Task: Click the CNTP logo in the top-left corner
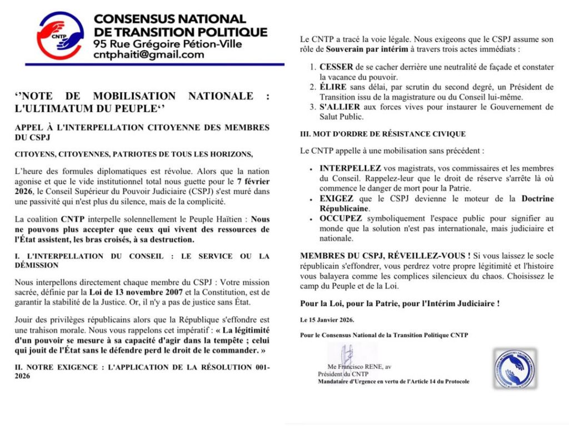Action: [x=60, y=36]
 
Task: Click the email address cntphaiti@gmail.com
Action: [x=148, y=54]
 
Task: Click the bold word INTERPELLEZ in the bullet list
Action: [x=350, y=168]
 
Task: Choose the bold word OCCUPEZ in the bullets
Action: [x=341, y=218]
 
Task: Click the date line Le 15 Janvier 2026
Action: [x=327, y=320]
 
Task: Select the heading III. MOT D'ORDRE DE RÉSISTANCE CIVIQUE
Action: [x=382, y=134]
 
